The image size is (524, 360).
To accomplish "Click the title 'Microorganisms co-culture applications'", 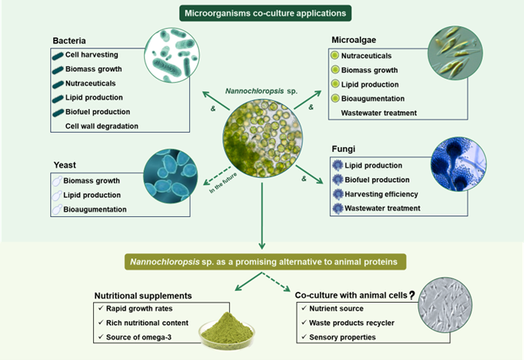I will [x=262, y=14].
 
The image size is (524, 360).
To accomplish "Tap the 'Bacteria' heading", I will [x=69, y=39].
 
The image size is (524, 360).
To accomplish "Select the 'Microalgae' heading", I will [x=354, y=39].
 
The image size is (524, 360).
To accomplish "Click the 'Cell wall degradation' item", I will [x=101, y=126].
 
